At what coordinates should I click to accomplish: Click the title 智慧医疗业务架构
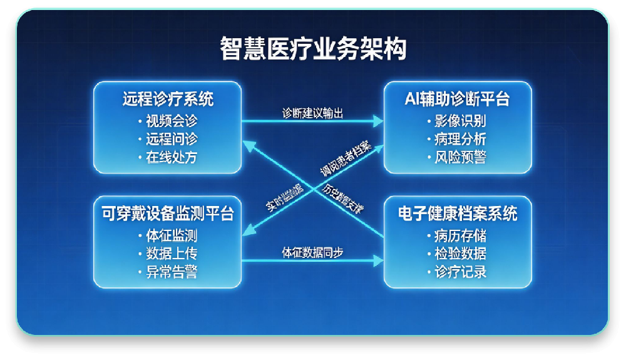click(313, 49)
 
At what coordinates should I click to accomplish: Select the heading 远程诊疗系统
click(168, 99)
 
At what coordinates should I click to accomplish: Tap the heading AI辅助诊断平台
click(458, 99)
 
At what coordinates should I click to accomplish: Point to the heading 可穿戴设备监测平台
click(168, 214)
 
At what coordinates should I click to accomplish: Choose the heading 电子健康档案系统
click(458, 214)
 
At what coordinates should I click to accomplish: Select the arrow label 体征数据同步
click(312, 253)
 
